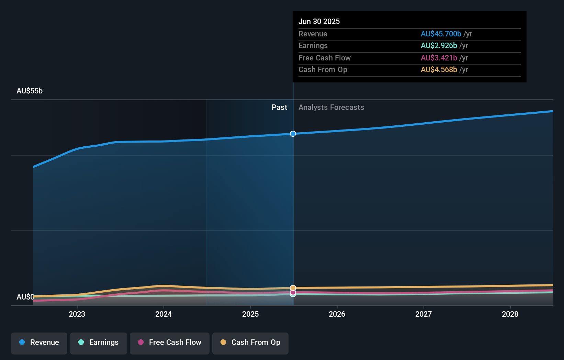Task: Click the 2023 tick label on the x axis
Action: [x=77, y=314]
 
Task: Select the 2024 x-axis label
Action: [x=163, y=314]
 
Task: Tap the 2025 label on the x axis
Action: [x=250, y=314]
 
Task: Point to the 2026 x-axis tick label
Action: [x=337, y=314]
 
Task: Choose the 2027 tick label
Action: [x=424, y=314]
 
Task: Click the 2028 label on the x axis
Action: [x=510, y=314]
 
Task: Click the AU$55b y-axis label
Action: [x=30, y=91]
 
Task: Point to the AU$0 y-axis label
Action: [x=25, y=297]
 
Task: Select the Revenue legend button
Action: [x=39, y=342]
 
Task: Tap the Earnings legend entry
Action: [x=99, y=342]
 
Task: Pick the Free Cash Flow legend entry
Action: [x=170, y=342]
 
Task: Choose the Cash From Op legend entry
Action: [x=250, y=342]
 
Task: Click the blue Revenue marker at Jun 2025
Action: [x=293, y=134]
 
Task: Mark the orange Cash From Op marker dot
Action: [x=293, y=288]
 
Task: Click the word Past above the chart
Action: [x=279, y=107]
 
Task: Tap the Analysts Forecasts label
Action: [x=331, y=107]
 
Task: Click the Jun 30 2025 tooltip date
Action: [x=319, y=21]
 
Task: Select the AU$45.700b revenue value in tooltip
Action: [x=441, y=34]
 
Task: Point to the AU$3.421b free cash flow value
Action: [x=439, y=58]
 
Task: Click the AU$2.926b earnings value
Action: [x=439, y=45]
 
